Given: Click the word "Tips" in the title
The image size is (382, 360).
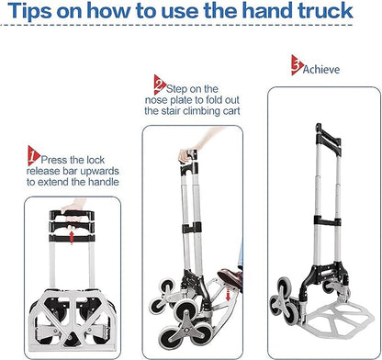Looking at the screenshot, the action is tap(28, 10).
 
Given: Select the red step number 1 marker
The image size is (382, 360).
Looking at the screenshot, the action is tap(33, 155).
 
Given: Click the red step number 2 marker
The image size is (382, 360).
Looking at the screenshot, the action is tap(160, 84).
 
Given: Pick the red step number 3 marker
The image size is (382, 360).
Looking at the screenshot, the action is tap(297, 65).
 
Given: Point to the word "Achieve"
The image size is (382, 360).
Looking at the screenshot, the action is tap(321, 69).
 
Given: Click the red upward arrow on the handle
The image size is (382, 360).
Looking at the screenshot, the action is tap(72, 237).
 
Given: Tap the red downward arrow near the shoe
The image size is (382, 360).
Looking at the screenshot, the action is tap(228, 295).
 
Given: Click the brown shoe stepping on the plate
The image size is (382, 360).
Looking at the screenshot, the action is tap(230, 277).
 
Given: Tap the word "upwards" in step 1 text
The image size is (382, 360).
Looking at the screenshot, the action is tap(99, 171).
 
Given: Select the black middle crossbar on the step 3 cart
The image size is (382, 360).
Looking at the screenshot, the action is tap(328, 221).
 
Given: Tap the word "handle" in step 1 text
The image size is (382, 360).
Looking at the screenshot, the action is tap(104, 182).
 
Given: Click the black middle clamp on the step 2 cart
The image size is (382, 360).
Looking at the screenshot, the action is tap(192, 228).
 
